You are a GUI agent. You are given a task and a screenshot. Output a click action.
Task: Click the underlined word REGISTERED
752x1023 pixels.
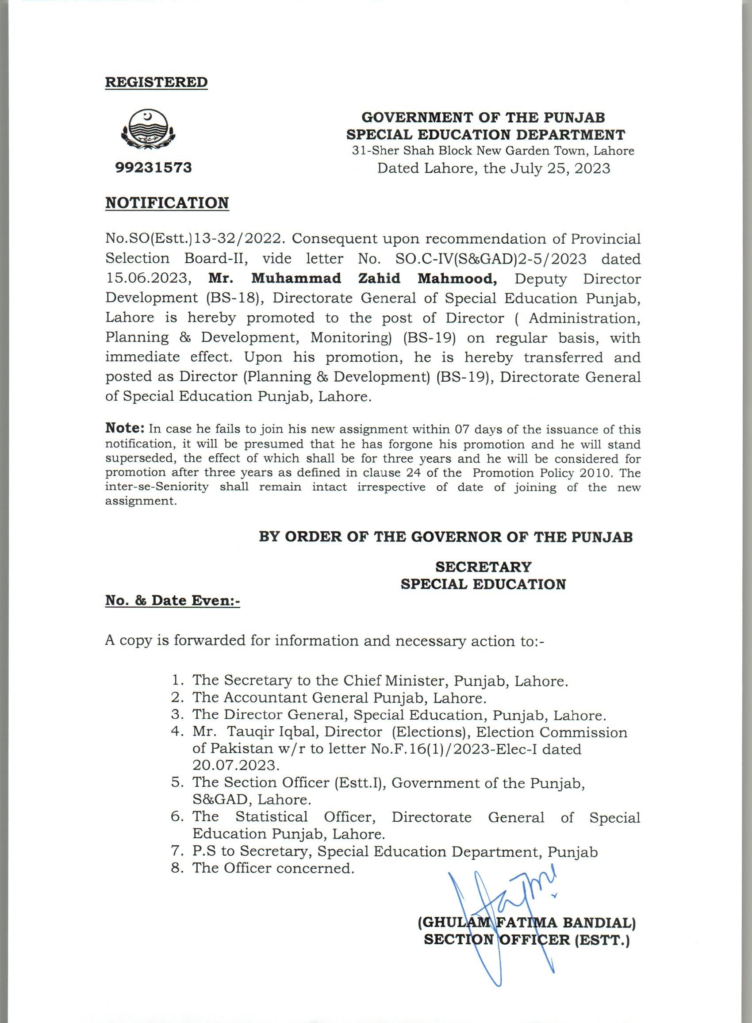pos(156,82)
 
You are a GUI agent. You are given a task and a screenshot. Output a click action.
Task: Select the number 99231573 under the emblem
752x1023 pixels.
pos(153,168)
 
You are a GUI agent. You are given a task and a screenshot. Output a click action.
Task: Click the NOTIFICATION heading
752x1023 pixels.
pos(167,203)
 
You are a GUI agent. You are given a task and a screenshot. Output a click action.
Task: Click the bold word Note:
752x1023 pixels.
pos(125,428)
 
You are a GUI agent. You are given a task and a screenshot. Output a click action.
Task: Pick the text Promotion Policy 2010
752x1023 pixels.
pos(541,473)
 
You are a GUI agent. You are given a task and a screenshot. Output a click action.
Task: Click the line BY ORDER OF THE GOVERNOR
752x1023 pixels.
pos(445,537)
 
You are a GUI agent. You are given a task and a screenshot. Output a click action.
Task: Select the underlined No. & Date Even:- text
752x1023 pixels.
pos(173,601)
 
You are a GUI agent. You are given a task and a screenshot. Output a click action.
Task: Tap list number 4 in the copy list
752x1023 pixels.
pos(176,733)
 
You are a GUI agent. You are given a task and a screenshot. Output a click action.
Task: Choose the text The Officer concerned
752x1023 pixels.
pos(273,868)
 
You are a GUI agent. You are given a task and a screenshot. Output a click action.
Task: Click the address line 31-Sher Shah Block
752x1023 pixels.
pos(492,151)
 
